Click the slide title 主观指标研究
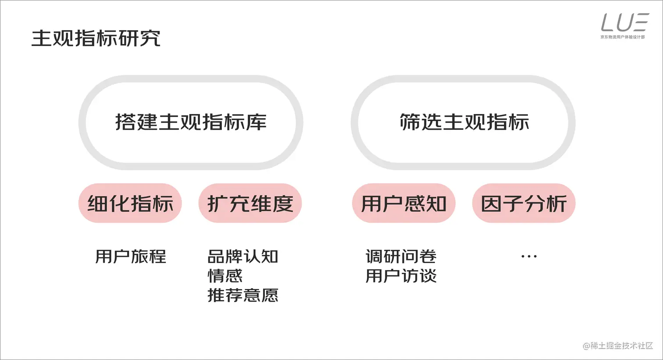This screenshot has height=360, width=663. pyautogui.click(x=96, y=39)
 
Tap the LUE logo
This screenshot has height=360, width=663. pyautogui.click(x=624, y=22)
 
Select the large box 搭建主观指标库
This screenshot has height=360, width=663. pyautogui.click(x=191, y=122)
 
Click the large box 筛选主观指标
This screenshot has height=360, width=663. pyautogui.click(x=463, y=122)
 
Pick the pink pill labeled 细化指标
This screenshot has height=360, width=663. pyautogui.click(x=130, y=203)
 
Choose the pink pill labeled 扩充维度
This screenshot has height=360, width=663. pyautogui.click(x=250, y=203)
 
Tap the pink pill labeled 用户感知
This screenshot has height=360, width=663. pyautogui.click(x=403, y=203)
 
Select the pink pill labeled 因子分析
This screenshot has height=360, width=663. pyautogui.click(x=524, y=203)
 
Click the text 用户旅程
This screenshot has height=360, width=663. pyautogui.click(x=131, y=257)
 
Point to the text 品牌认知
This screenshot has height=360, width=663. pyautogui.click(x=242, y=257)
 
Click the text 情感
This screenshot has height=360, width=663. pyautogui.click(x=225, y=276)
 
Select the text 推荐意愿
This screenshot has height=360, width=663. pyautogui.click(x=242, y=295)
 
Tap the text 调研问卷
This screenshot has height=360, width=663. pyautogui.click(x=401, y=257)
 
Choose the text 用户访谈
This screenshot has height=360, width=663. pyautogui.click(x=401, y=276)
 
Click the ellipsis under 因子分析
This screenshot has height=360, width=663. pyautogui.click(x=529, y=257)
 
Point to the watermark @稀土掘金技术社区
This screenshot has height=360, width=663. pyautogui.click(x=617, y=346)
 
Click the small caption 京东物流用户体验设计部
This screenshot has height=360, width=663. pyautogui.click(x=623, y=37)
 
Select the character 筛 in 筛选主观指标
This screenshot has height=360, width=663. pyautogui.click(x=410, y=122)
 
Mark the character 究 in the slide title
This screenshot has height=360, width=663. pyautogui.click(x=150, y=39)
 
